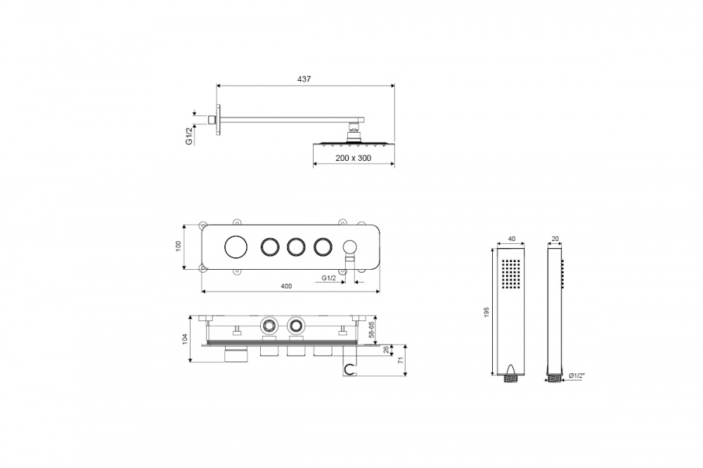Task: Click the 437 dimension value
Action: click(304, 79)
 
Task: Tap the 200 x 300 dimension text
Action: click(354, 158)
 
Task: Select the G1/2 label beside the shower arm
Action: click(189, 136)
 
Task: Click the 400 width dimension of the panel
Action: click(286, 286)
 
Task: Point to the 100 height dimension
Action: click(178, 246)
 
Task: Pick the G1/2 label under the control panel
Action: click(328, 278)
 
